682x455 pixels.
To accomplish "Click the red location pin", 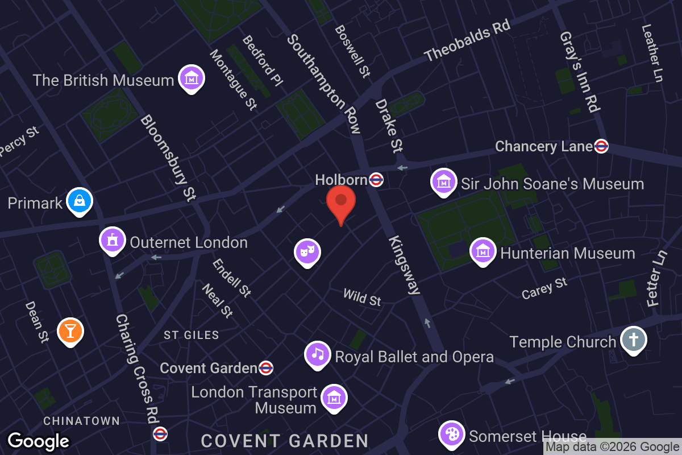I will (x=341, y=202).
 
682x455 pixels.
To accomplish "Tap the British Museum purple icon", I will (x=192, y=78).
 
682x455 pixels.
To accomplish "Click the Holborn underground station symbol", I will (x=376, y=180).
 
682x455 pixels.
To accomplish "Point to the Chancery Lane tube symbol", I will (x=601, y=146).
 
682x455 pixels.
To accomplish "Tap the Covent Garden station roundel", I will (x=265, y=368).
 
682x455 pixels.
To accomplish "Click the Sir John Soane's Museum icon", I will (x=443, y=181).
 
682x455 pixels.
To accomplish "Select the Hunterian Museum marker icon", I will (x=483, y=251).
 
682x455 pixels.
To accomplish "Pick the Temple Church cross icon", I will (x=633, y=340).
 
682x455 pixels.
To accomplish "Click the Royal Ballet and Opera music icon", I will (x=318, y=354).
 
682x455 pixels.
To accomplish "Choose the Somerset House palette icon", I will (x=452, y=434).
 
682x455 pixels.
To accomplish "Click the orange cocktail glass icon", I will (x=70, y=330).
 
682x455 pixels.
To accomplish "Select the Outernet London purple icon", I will (x=113, y=240).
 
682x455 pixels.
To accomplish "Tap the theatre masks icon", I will (x=307, y=251).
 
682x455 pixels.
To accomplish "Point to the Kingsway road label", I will (x=405, y=265).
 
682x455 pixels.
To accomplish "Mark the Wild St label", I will (x=362, y=297).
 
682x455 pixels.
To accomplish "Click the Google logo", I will (x=38, y=441).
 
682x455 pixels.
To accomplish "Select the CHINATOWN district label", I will (x=82, y=421).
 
